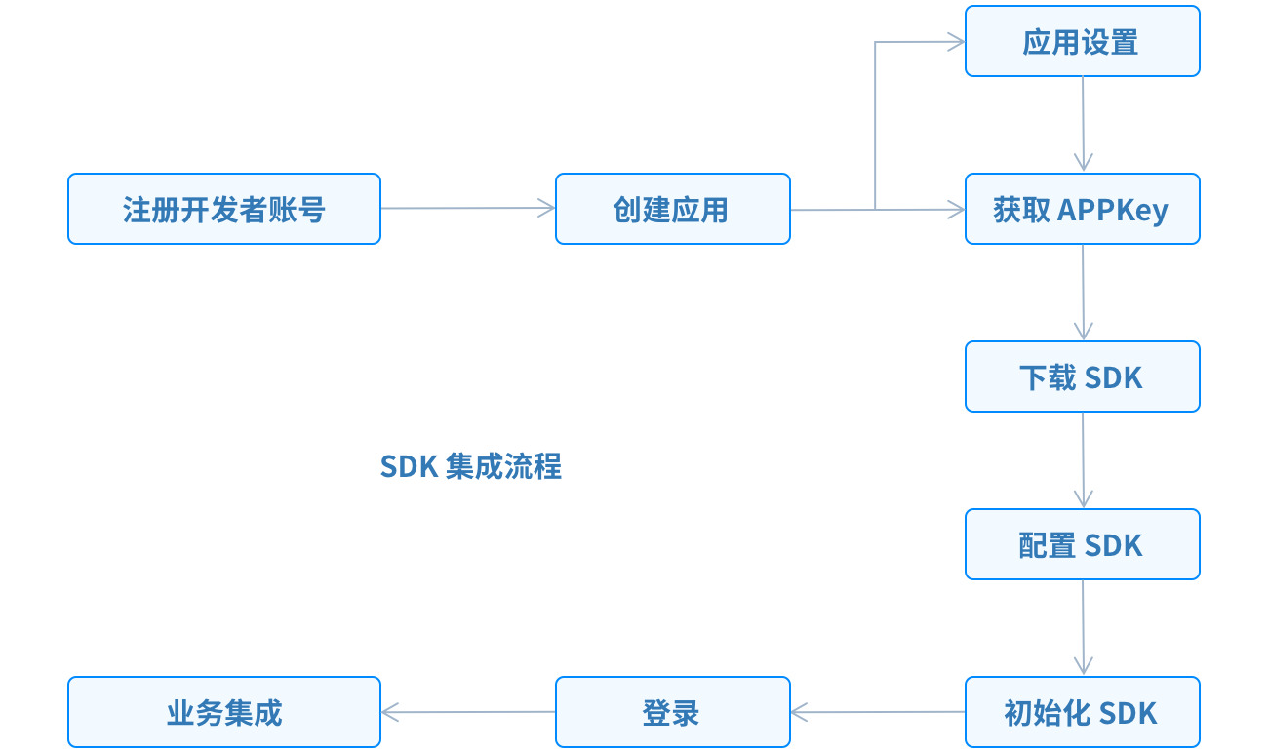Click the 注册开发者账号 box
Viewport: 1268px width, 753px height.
[223, 209]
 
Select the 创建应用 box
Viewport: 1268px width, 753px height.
[672, 209]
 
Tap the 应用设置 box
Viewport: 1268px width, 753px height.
[1082, 42]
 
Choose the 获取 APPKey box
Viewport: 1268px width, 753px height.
[1082, 209]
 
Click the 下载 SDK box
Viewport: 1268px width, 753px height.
[1082, 376]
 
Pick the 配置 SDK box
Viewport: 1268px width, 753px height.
[1082, 544]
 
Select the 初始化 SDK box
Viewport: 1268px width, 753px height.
[1082, 712]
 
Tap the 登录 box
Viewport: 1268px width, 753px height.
[672, 712]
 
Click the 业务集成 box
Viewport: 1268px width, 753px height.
[223, 712]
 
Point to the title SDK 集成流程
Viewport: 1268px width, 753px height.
[470, 466]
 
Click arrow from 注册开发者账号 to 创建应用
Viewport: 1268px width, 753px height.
[468, 208]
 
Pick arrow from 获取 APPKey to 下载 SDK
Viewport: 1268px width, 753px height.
[1083, 292]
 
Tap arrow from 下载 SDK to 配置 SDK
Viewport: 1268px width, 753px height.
[1083, 459]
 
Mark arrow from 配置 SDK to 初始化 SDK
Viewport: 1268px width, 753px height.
[1083, 627]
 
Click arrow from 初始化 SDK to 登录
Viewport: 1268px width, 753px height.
[878, 712]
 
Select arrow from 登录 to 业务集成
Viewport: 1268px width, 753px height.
[468, 712]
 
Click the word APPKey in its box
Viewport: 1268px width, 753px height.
[1113, 210]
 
